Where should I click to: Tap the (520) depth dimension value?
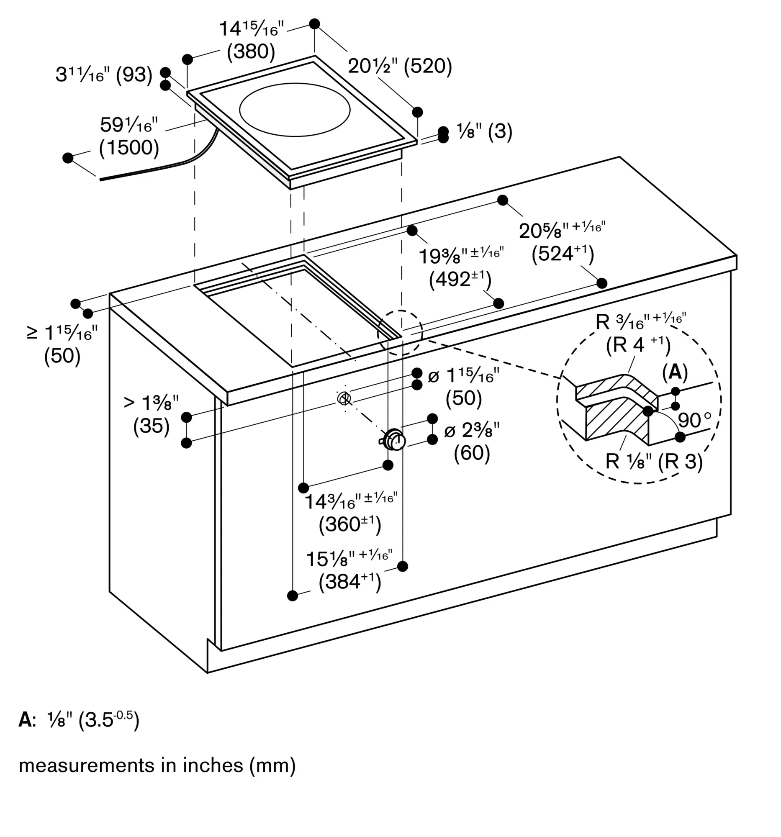pos(428,67)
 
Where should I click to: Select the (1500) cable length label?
pos(129,148)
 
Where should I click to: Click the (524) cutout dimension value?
pos(563,254)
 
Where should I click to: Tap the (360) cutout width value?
pos(350,525)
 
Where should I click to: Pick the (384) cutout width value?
pos(350,582)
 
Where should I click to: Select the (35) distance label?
pos(151,426)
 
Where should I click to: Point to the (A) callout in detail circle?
pos(675,372)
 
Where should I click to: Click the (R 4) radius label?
pos(638,345)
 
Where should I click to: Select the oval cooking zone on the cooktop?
pos(295,110)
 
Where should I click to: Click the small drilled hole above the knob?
pos(344,398)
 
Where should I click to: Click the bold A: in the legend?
pos(27,720)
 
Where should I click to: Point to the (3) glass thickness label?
pos(500,132)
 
